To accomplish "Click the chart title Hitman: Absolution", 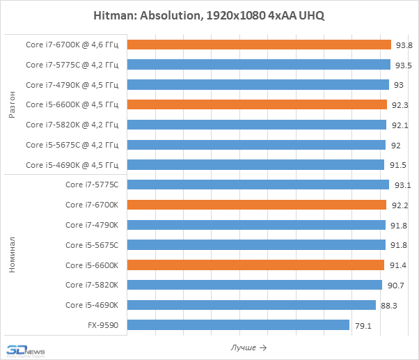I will pos(209,16).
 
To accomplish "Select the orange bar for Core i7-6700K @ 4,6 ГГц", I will pos(259,45).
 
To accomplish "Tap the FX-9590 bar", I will pos(238,324).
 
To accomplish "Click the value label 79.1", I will pos(363,324).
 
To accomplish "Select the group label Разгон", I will pos(12,104).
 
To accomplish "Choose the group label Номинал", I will pos(12,255).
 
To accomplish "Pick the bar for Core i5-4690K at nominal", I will pos(251,304).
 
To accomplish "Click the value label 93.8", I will pos(403,45).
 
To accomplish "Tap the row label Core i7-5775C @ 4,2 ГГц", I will pos(72,65).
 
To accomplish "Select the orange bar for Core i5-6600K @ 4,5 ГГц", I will pos(257,104).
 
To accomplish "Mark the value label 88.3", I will pos(389,304).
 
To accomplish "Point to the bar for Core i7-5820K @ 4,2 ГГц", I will pos(257,125).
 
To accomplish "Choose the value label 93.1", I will pos(402,185).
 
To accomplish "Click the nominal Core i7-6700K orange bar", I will pos(257,205).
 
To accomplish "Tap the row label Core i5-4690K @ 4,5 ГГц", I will pos(72,165).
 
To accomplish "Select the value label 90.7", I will pos(395,285).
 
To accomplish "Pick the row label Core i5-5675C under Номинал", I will pos(92,244).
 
